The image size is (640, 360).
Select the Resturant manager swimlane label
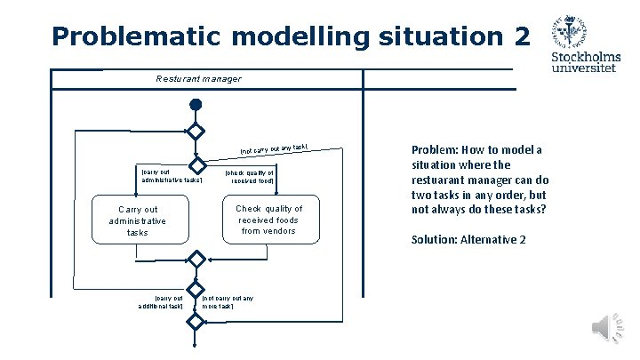coord(197,79)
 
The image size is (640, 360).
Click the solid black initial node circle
coord(196,105)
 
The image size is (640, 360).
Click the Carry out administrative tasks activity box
coord(137,220)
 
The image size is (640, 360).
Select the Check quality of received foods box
coord(268,220)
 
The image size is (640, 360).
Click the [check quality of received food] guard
coord(250,175)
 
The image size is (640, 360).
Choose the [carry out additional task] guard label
coord(160,301)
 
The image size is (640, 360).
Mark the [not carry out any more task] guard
coord(228,301)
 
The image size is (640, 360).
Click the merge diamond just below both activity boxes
coord(196,260)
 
